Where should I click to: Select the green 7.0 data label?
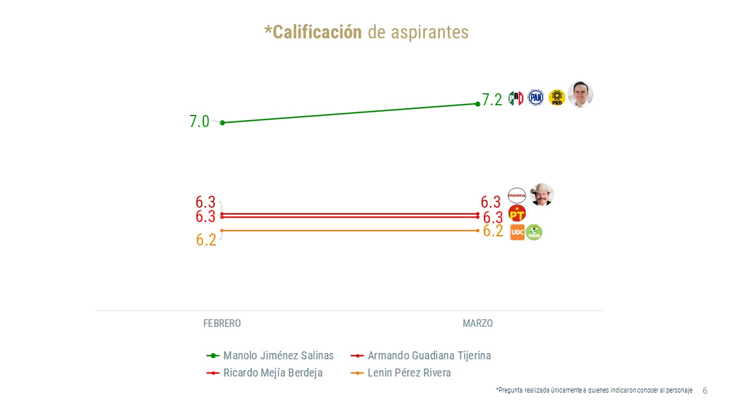pyautogui.click(x=199, y=122)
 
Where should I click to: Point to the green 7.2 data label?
pyautogui.click(x=492, y=100)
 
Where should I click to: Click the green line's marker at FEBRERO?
pyautogui.click(x=222, y=122)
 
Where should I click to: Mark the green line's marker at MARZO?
pyautogui.click(x=478, y=104)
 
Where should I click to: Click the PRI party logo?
pyautogui.click(x=516, y=98)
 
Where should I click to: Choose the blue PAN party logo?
pyautogui.click(x=535, y=98)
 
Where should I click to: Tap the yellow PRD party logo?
pyautogui.click(x=557, y=98)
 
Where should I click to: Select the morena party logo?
pyautogui.click(x=517, y=196)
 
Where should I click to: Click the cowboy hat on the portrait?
pyautogui.click(x=542, y=188)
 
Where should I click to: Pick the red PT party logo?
pyautogui.click(x=517, y=213)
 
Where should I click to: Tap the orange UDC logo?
pyautogui.click(x=517, y=232)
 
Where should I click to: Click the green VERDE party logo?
pyautogui.click(x=534, y=232)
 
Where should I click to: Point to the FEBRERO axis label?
pyautogui.click(x=222, y=323)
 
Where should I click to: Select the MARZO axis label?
pyautogui.click(x=478, y=323)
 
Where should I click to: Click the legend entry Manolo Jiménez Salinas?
pyautogui.click(x=278, y=355)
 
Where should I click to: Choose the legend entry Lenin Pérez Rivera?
pyautogui.click(x=409, y=373)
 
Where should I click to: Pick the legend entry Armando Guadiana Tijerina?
pyautogui.click(x=429, y=355)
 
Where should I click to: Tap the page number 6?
pyautogui.click(x=705, y=391)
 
